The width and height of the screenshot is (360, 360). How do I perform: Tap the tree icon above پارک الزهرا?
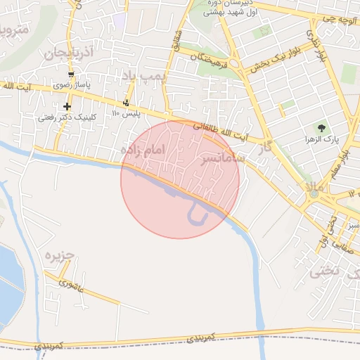pos(321,127)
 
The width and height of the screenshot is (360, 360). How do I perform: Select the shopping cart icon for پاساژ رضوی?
pos(71,74)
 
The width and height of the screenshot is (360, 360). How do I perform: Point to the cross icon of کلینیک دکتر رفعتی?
pos(67,105)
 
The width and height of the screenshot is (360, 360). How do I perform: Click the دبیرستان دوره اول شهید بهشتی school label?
pos(231,8)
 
